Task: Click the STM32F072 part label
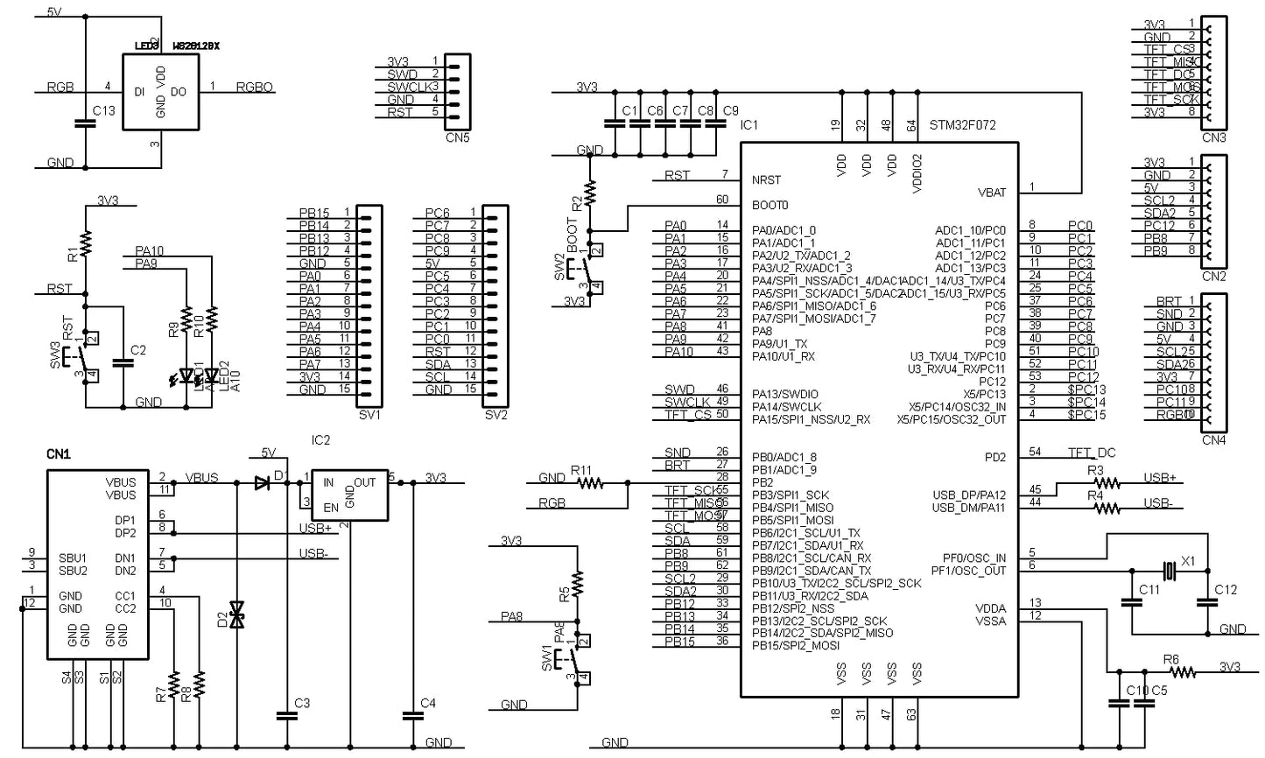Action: click(962, 125)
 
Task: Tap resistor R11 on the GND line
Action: click(589, 482)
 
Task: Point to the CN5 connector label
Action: click(458, 137)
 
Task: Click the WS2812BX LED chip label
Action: click(196, 46)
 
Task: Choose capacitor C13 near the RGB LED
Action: click(85, 123)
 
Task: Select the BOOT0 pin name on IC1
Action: click(770, 205)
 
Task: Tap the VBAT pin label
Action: click(991, 193)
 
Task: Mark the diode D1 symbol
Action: click(261, 482)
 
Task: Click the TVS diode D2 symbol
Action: click(236, 614)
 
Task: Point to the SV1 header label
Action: click(369, 415)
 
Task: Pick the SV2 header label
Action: click(495, 415)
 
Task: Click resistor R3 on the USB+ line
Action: click(1106, 482)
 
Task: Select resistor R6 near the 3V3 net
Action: click(1182, 672)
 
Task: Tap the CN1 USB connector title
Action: click(59, 454)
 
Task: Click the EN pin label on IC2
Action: click(330, 507)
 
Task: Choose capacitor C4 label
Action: click(427, 703)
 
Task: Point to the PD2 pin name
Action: click(994, 458)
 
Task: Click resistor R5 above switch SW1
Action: click(577, 581)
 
